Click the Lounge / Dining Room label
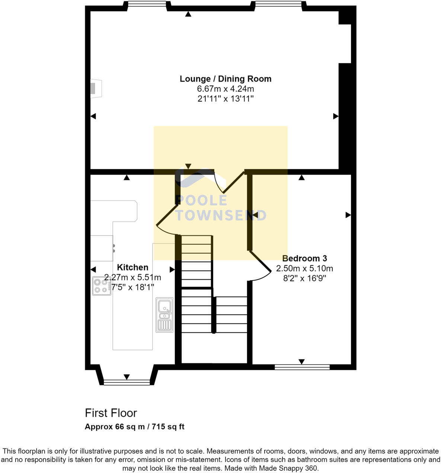(226, 79)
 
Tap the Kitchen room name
(132, 267)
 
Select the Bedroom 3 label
(304, 258)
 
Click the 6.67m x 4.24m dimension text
(226, 89)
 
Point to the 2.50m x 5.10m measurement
(304, 268)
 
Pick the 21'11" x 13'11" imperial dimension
(226, 99)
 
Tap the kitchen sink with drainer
(164, 315)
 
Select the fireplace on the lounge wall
(95, 89)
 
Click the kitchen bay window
(127, 382)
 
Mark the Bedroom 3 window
(302, 367)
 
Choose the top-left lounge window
(147, 4)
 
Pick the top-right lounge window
(278, 4)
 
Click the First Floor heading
(111, 413)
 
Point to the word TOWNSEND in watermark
(221, 215)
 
